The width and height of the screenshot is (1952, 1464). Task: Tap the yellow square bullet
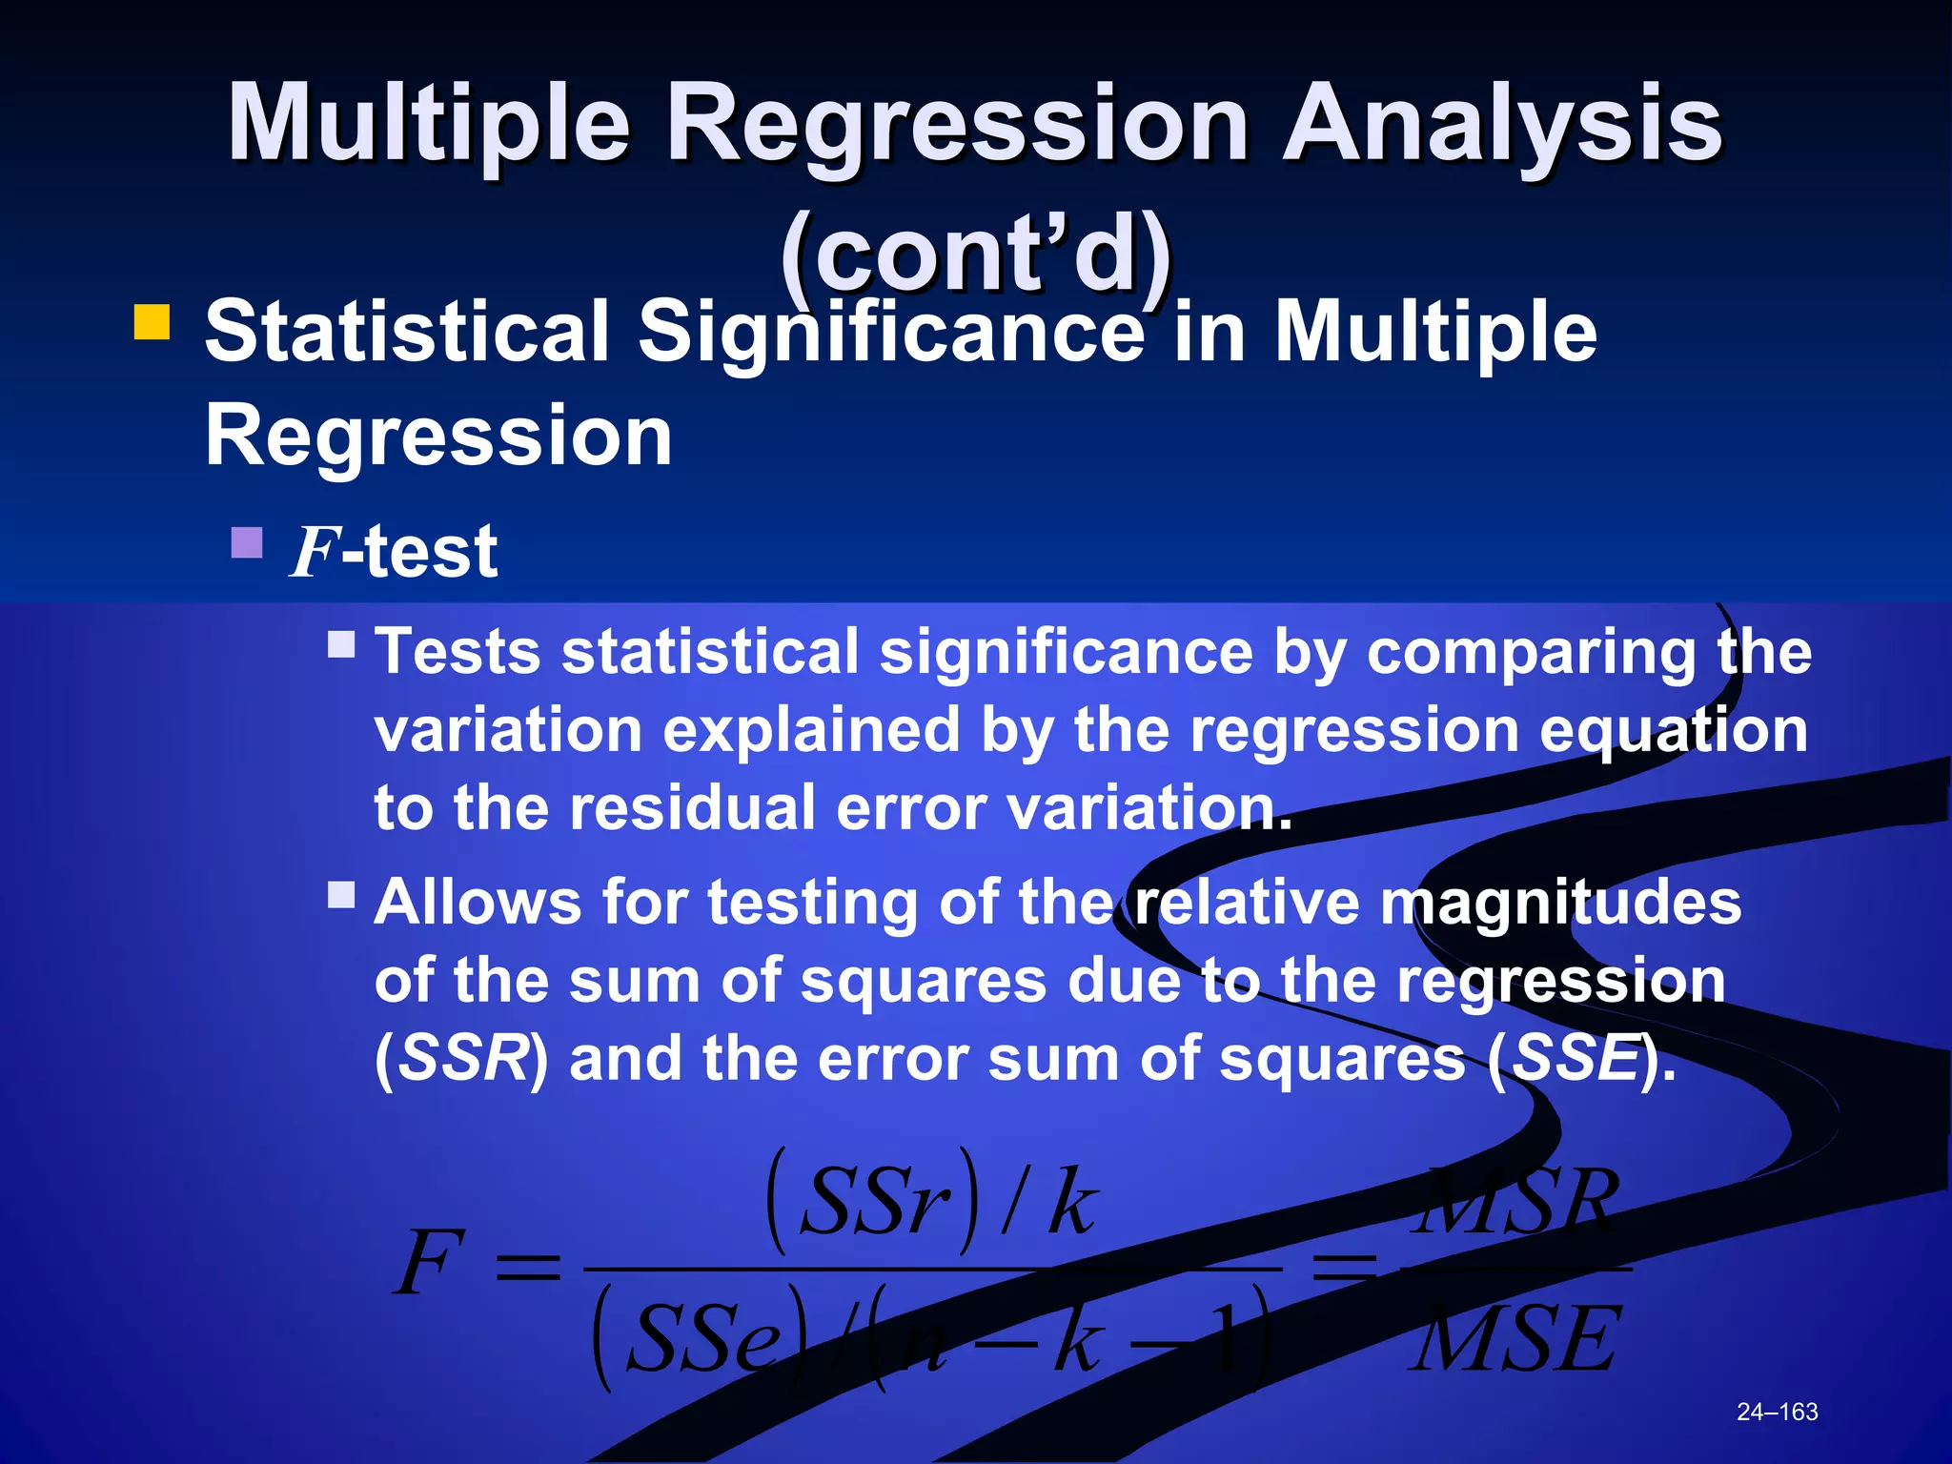[152, 322]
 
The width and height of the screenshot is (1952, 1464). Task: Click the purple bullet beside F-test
[247, 543]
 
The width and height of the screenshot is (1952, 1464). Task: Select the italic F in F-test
[315, 552]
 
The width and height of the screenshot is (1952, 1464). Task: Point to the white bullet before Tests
[341, 645]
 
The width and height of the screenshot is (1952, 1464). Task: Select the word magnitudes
[1561, 903]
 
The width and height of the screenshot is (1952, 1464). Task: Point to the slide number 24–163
[1777, 1412]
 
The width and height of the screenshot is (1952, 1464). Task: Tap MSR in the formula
[1515, 1203]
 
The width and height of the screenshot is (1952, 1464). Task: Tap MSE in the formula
[1515, 1340]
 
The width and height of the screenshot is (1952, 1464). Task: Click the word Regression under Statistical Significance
[438, 437]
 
